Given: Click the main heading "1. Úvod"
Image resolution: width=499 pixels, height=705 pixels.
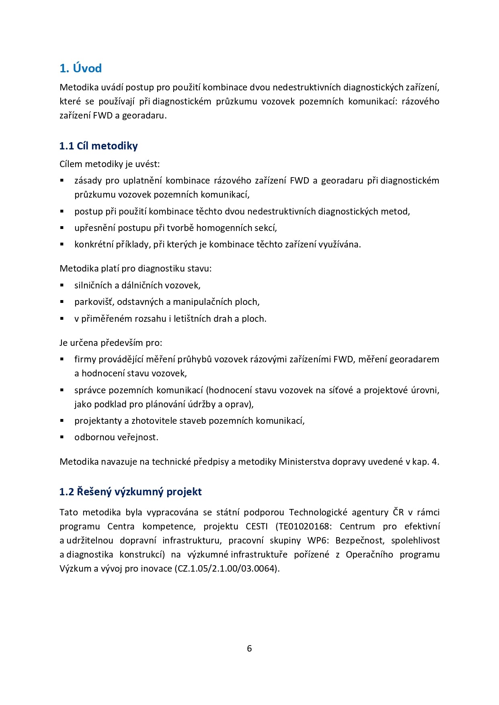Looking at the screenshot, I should (x=80, y=68).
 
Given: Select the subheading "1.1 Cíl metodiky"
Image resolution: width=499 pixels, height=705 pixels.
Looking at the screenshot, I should (x=99, y=146).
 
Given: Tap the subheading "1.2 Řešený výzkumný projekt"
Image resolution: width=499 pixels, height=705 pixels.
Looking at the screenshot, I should (x=130, y=492).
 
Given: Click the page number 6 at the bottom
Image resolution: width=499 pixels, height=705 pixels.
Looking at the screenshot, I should (x=249, y=648).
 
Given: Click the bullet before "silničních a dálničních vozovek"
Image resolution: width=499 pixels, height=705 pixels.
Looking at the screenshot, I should (x=62, y=285).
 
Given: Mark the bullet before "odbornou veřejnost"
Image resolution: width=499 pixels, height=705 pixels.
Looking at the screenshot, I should (x=62, y=437).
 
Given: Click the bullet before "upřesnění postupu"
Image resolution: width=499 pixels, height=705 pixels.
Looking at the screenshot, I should (x=62, y=228).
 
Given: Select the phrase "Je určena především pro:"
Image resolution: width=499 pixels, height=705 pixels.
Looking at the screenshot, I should (x=111, y=343).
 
